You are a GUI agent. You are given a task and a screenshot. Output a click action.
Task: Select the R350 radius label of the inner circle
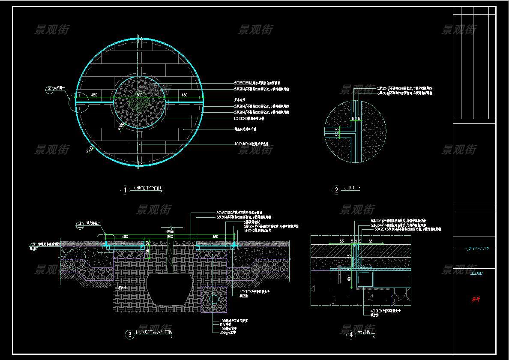pyautogui.click(x=121, y=126)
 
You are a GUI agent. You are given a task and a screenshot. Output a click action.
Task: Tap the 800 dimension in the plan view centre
pyautogui.click(x=139, y=95)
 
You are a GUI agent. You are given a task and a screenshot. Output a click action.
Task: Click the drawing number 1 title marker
pyautogui.click(x=125, y=189)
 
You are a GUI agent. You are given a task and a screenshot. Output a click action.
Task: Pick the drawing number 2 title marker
pyautogui.click(x=336, y=190)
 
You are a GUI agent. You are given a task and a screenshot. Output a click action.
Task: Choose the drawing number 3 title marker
pyautogui.click(x=129, y=335)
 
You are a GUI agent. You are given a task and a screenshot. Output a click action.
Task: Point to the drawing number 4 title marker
pyautogui.click(x=351, y=335)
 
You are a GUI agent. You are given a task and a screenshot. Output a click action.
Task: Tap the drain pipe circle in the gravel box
pyautogui.click(x=213, y=297)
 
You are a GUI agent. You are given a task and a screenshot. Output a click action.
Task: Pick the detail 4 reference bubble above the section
pyautogui.click(x=80, y=224)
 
